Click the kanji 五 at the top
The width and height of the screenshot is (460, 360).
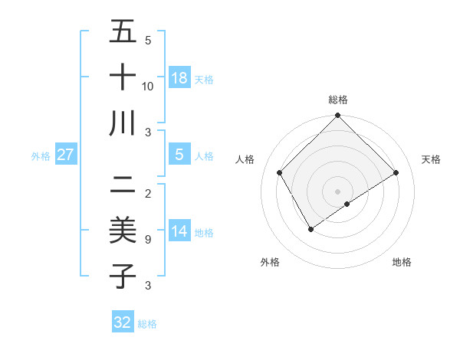point(123,33)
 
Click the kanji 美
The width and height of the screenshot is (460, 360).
point(123,230)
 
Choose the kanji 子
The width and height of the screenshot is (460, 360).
point(123,275)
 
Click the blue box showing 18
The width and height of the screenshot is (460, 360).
point(179,77)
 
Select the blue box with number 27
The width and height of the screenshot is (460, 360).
point(66,155)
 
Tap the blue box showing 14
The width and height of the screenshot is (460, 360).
point(179,231)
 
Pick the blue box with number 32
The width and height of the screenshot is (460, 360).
point(123,322)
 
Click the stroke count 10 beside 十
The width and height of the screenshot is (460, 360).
point(148,86)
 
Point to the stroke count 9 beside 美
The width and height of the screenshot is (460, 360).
point(147,240)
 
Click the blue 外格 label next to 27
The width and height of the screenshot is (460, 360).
point(41,156)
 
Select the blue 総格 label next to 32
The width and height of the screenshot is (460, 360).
point(147,324)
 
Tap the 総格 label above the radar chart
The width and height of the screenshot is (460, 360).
point(337,100)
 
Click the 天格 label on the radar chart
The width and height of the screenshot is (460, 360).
point(432,159)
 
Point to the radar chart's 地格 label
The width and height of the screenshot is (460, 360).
point(402,262)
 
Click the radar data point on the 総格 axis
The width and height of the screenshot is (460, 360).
point(337,116)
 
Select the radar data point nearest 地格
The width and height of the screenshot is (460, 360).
point(347,204)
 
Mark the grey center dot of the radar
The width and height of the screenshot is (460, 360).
point(337,191)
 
